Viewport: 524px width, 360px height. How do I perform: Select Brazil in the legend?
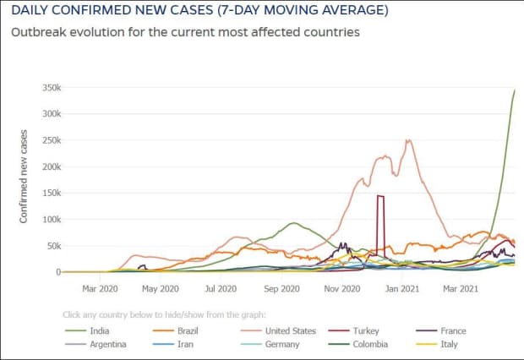[x=187, y=331]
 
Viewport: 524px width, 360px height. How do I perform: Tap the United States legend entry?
[x=290, y=331]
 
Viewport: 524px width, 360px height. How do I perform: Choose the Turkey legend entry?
[x=373, y=331]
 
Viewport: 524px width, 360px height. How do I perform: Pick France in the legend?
[x=453, y=331]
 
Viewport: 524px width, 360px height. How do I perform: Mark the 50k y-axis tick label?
[x=50, y=246]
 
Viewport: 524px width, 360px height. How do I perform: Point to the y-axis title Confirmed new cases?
[x=24, y=177]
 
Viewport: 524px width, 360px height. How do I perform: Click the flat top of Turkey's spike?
[x=380, y=196]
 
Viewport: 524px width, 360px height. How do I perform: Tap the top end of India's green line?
[x=514, y=90]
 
